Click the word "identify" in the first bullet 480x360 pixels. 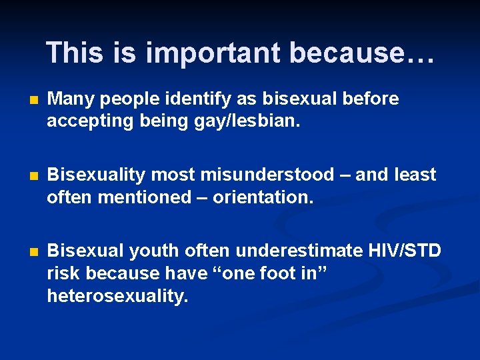point(191,99)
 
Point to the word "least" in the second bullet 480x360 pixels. point(414,175)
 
